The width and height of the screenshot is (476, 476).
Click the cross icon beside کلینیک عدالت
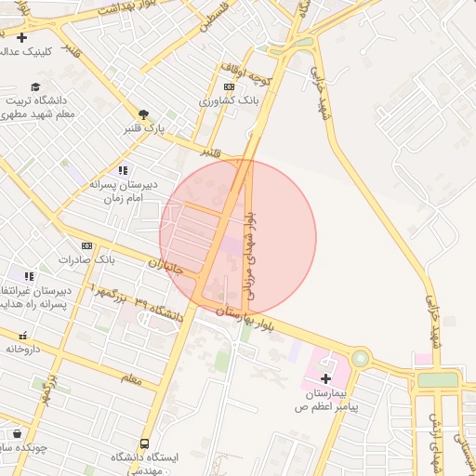[21, 38]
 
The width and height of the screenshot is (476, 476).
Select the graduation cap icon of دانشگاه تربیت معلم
[35, 86]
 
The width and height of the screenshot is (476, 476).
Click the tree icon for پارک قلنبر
[142, 112]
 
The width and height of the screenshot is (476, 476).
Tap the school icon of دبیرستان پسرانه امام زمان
[123, 170]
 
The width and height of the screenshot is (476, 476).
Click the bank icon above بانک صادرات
[87, 245]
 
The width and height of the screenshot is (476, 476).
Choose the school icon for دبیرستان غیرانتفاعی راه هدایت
[29, 276]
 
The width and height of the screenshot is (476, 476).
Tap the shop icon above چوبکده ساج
[17, 433]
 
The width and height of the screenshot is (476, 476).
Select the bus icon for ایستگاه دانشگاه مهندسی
[144, 444]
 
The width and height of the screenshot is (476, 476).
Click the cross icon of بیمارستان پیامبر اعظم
[325, 378]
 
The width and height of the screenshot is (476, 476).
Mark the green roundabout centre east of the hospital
[360, 358]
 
